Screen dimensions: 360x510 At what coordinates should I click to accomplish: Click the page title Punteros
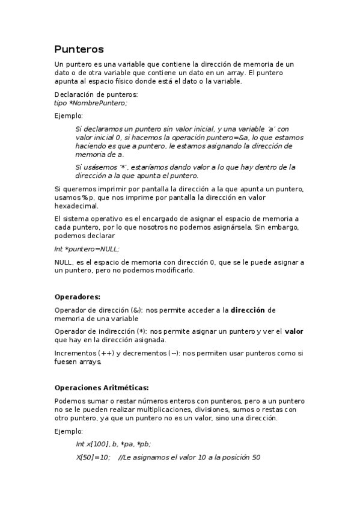79,49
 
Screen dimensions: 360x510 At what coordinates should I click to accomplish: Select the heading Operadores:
77,296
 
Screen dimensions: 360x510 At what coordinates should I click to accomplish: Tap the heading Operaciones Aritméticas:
101,387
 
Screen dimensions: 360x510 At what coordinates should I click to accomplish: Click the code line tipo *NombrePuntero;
90,103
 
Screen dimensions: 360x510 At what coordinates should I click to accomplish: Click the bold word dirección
248,310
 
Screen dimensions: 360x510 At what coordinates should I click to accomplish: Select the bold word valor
294,331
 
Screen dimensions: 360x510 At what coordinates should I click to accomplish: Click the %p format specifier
90,197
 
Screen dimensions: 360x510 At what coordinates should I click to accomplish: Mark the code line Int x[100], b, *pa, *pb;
113,444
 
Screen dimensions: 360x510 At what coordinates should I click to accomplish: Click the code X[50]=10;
93,457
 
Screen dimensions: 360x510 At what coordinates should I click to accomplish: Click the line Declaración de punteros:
96,94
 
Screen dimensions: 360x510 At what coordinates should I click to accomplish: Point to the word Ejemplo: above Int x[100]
69,431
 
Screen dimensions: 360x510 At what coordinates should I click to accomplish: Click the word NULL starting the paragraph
64,262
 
